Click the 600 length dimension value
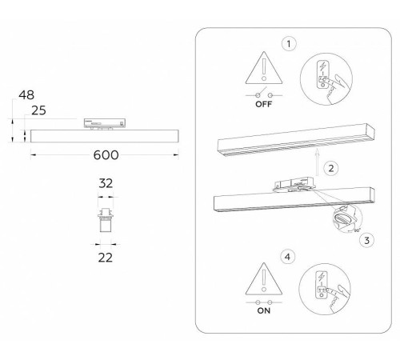pyautogui.click(x=102, y=158)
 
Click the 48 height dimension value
pyautogui.click(x=26, y=94)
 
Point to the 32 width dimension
pyautogui.click(x=104, y=183)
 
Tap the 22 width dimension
pyautogui.click(x=104, y=257)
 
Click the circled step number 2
pyautogui.click(x=331, y=168)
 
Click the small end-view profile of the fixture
pyautogui.click(x=104, y=219)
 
